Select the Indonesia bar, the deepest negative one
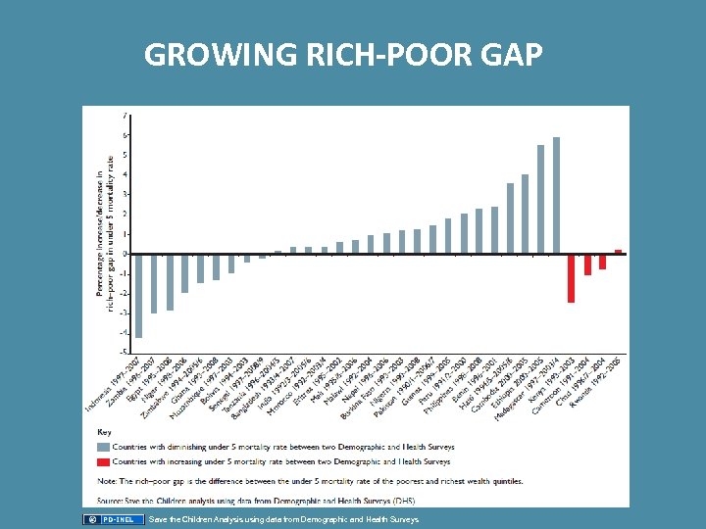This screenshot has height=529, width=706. click(138, 295)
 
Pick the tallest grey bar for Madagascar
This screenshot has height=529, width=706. click(556, 195)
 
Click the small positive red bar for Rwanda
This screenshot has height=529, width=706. click(618, 251)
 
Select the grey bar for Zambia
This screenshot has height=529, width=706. click(154, 283)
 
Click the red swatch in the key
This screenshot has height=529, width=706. click(105, 461)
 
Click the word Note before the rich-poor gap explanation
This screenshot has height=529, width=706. click(107, 480)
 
